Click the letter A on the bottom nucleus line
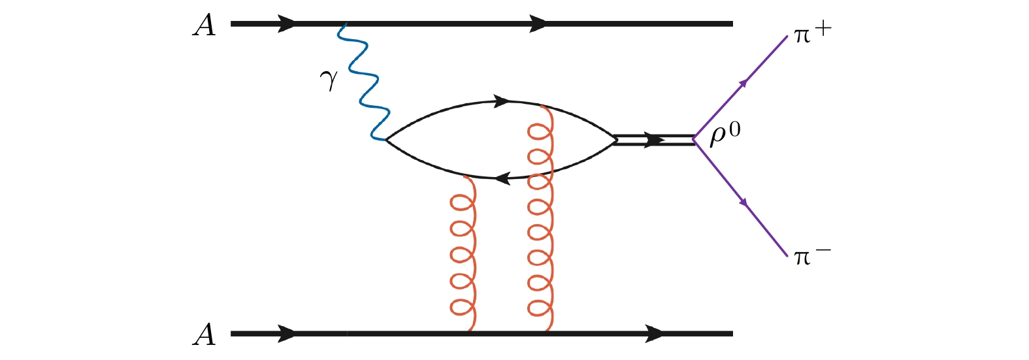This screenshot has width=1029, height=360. (x=204, y=335)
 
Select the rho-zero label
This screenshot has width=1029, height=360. (x=725, y=135)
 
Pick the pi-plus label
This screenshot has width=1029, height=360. (x=813, y=33)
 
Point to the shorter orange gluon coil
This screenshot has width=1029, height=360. (x=463, y=253)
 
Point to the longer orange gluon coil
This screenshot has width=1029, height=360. (x=541, y=218)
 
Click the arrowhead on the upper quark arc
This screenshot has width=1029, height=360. (x=502, y=101)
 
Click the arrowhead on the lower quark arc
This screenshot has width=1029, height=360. (x=504, y=178)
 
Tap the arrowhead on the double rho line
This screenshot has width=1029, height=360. (x=655, y=140)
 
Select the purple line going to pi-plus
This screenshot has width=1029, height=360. (x=740, y=88)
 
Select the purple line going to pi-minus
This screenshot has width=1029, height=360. (x=740, y=197)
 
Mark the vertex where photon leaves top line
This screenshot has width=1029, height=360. (x=346, y=24)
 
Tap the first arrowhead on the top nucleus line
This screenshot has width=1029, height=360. (x=286, y=24)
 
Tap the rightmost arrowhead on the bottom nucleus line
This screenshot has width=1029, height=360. (x=654, y=334)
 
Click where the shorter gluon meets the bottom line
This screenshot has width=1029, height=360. (x=470, y=331)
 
